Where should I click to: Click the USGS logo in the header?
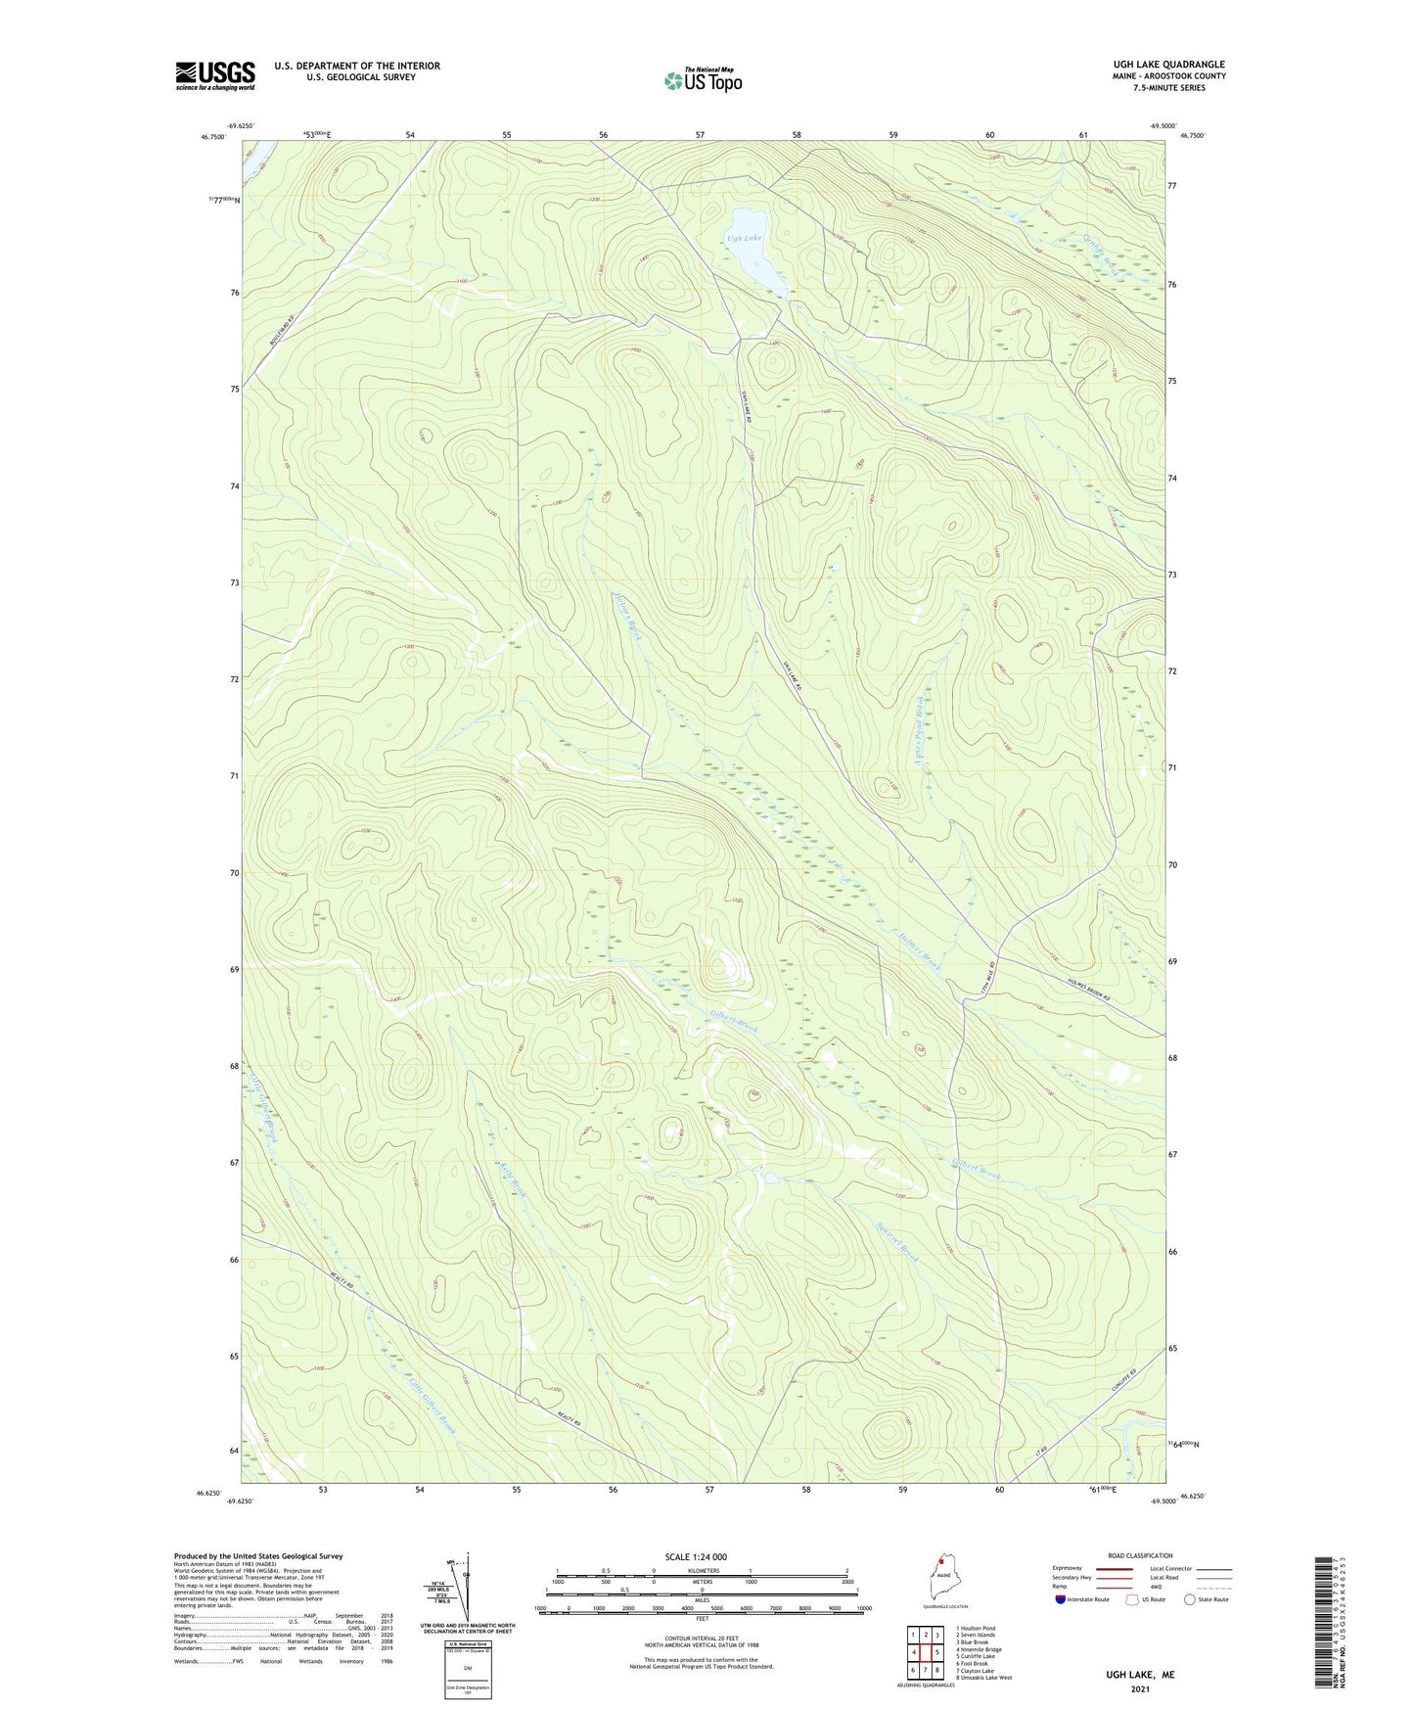click(x=214, y=76)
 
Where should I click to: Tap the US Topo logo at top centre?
click(x=702, y=80)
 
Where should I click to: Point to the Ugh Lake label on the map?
click(x=743, y=238)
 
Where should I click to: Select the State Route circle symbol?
click(x=1190, y=1600)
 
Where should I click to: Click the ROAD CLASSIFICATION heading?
click(x=1140, y=1555)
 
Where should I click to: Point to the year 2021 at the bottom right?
click(x=1139, y=1688)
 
